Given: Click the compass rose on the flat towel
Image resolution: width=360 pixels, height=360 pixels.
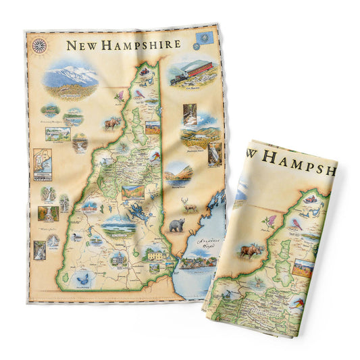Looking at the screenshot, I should [x=40, y=45].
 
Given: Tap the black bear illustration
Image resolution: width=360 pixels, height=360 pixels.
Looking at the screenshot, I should [x=177, y=224].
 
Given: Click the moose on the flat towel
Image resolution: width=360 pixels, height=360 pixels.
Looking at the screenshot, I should [x=111, y=123].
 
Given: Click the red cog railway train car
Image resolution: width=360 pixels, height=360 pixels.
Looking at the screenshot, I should [x=195, y=70].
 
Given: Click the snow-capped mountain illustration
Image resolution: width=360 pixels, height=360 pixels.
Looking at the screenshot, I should [x=71, y=76].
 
